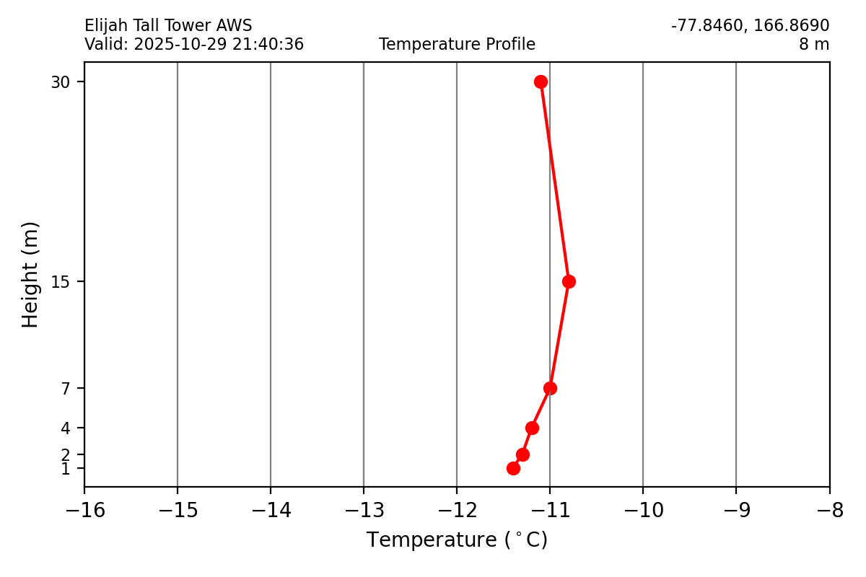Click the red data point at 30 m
(541, 82)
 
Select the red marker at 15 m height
(569, 281)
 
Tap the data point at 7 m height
(550, 388)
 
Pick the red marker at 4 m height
(532, 428)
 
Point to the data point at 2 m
(522, 454)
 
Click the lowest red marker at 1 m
(513, 468)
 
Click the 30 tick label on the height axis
(59, 82)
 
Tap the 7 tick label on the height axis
(66, 389)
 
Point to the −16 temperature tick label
(84, 511)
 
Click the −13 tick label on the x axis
(364, 511)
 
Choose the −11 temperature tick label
(550, 511)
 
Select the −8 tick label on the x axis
(829, 511)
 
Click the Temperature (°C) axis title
(457, 540)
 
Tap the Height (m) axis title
(30, 274)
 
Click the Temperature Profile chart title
(457, 45)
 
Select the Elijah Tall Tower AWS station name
(168, 27)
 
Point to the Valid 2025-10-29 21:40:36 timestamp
(194, 45)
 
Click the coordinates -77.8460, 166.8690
(750, 27)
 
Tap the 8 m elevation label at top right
(813, 45)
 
